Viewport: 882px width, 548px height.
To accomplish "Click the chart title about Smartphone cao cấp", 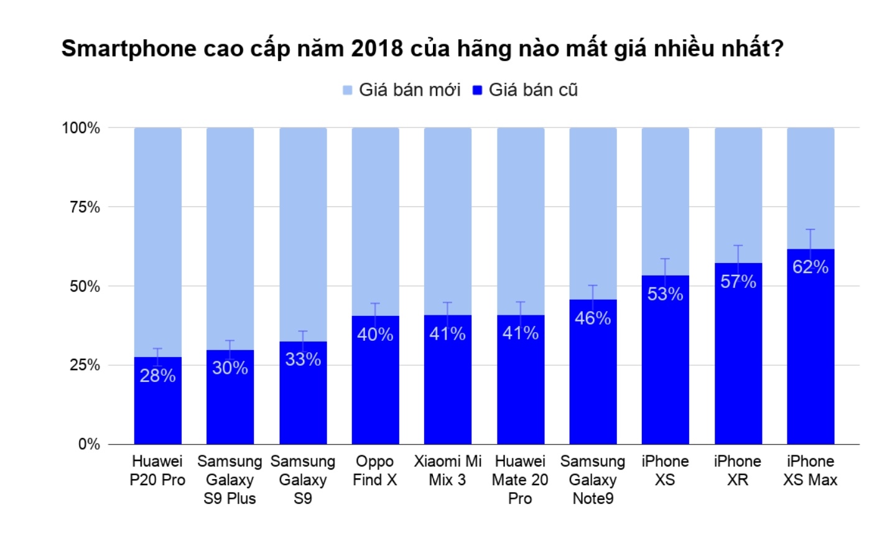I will pos(422,49).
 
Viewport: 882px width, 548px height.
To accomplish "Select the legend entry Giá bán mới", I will pos(402,90).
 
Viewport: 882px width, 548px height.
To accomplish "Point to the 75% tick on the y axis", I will pos(85,207).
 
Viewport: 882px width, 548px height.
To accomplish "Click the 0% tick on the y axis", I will pos(89,444).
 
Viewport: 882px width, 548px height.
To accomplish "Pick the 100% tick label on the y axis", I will pos(81,128).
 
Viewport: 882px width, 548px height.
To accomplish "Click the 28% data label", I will pos(157,376).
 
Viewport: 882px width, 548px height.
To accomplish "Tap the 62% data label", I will pos(810,267).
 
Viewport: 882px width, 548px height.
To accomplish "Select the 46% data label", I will pos(592,318).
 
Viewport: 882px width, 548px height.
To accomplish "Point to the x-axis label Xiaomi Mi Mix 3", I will pos(447,470).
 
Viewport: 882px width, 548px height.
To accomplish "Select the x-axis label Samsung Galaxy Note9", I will pos(592,480).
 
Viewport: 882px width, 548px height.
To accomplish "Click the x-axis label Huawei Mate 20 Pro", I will pos(520,480).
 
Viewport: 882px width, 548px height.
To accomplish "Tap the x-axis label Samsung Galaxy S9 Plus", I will pos(230,480).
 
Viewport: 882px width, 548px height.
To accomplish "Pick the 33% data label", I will pos(303,360).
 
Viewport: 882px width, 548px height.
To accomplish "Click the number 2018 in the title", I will pos(377,49).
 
